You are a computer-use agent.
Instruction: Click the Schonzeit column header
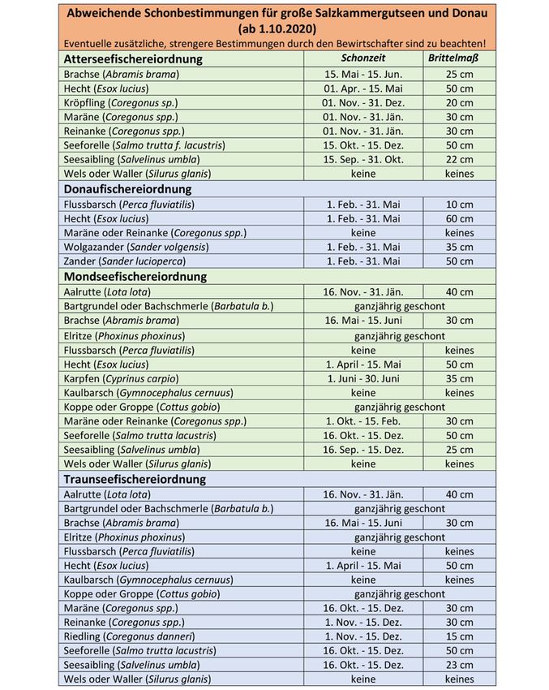[x=362, y=58]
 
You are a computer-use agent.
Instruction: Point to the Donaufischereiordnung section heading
[x=124, y=188]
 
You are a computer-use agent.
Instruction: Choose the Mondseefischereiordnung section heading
[x=134, y=276]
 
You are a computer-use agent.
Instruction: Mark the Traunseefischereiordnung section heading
[x=134, y=479]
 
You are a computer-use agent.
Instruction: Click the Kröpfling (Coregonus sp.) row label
[x=120, y=102]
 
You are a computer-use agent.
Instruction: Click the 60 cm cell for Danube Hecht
[x=459, y=218]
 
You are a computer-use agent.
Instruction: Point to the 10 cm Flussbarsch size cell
[x=459, y=204]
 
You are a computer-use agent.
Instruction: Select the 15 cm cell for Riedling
[x=459, y=636]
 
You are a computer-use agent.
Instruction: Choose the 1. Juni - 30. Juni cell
[x=362, y=378]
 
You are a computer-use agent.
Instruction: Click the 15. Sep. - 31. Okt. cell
[x=362, y=160]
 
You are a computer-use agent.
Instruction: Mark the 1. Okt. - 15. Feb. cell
[x=362, y=421]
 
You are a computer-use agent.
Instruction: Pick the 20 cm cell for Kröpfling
[x=459, y=102]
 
